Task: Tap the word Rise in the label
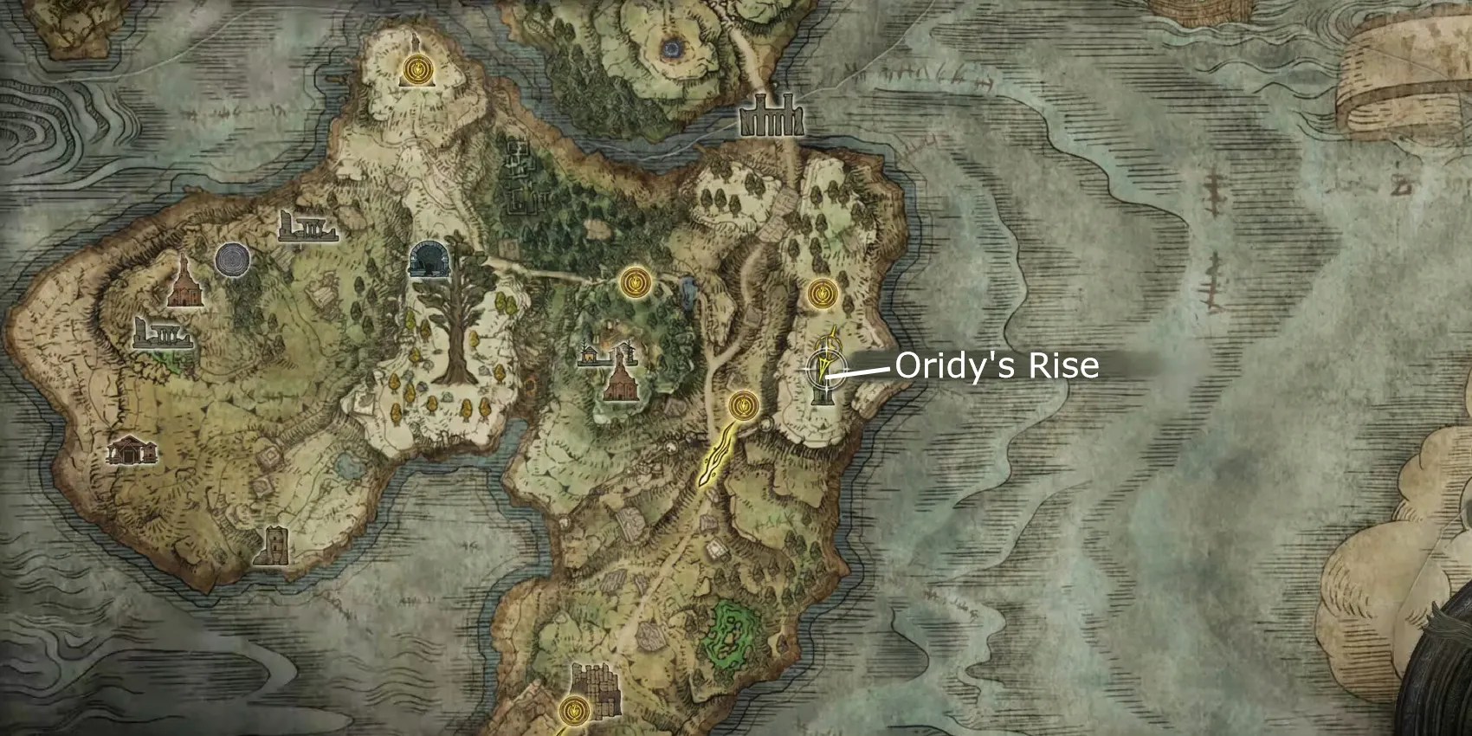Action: tap(1063, 366)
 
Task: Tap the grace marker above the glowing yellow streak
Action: tap(742, 404)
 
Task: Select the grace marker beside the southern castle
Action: tap(571, 710)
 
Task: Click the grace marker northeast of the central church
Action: tap(635, 281)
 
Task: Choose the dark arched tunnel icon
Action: tap(427, 258)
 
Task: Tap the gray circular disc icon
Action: tap(231, 258)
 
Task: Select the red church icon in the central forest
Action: tap(620, 379)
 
